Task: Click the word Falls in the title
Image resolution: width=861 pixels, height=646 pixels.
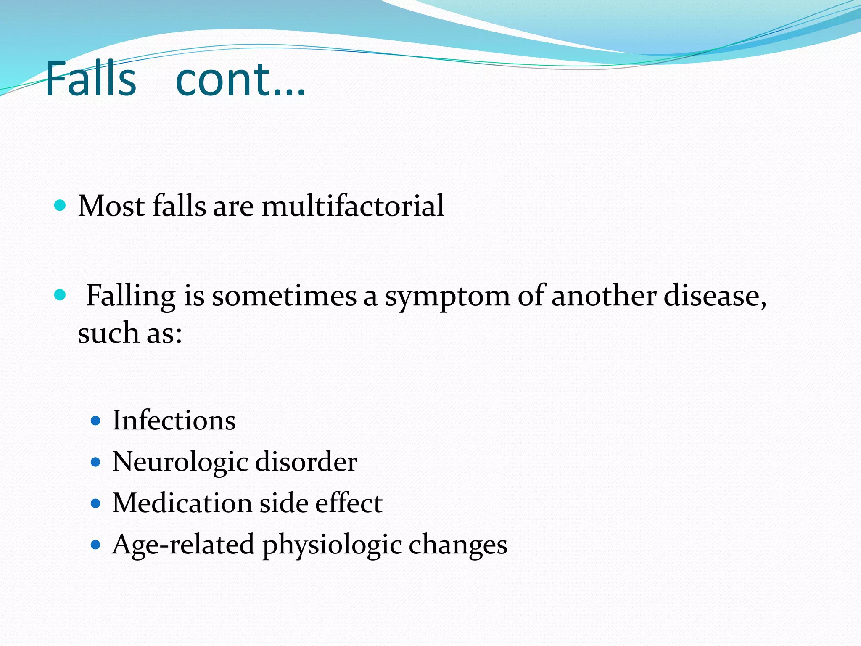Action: point(91,79)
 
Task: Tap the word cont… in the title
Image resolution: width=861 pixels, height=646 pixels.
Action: point(240,79)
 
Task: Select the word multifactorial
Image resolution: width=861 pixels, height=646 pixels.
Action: point(353,206)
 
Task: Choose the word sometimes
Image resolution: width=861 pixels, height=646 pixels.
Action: point(284,296)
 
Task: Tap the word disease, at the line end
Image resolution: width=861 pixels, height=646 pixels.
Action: point(715,296)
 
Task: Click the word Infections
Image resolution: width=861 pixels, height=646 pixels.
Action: point(174,420)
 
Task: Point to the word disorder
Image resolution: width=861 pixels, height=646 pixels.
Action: point(306,462)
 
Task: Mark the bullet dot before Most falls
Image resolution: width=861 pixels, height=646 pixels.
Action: point(61,205)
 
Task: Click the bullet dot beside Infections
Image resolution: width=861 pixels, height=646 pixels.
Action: point(96,421)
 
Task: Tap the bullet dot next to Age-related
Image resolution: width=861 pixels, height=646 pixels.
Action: point(96,545)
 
